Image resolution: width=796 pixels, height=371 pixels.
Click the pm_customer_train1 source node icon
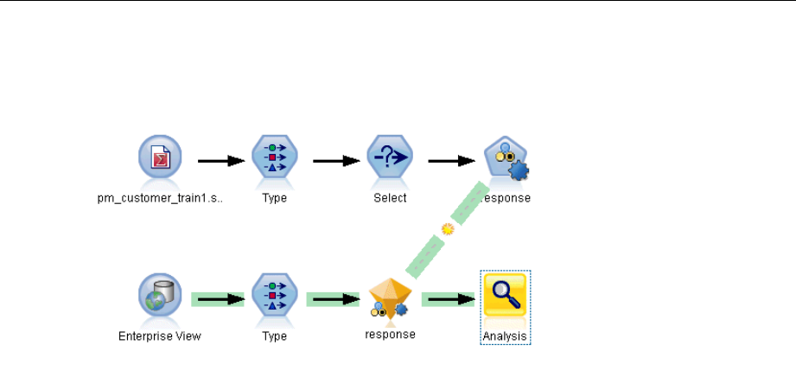[160, 160]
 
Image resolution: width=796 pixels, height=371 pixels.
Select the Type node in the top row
[275, 160]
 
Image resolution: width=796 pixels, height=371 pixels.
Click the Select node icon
[390, 160]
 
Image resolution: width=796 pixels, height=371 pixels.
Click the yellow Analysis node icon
[505, 297]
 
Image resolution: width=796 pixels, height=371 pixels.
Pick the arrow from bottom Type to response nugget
[333, 299]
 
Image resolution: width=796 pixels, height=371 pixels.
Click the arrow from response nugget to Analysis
[448, 299]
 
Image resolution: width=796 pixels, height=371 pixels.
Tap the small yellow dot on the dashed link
[448, 229]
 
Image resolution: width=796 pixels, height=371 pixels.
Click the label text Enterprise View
[160, 336]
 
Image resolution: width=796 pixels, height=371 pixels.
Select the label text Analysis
[505, 336]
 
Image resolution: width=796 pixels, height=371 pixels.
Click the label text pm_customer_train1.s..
[160, 197]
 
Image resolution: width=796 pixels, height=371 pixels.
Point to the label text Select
[390, 197]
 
